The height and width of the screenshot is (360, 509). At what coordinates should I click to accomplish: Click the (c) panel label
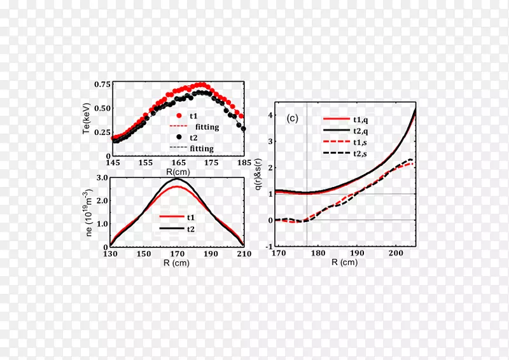tap(293, 118)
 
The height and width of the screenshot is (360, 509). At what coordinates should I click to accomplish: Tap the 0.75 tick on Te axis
tap(101, 84)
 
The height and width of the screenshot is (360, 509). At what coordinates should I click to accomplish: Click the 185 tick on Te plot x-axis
tap(244, 163)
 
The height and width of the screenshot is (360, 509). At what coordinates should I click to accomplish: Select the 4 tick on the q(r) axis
tap(270, 115)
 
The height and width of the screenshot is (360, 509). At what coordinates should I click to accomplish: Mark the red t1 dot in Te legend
tap(179, 116)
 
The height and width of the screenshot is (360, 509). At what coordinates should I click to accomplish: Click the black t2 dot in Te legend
tap(179, 136)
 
